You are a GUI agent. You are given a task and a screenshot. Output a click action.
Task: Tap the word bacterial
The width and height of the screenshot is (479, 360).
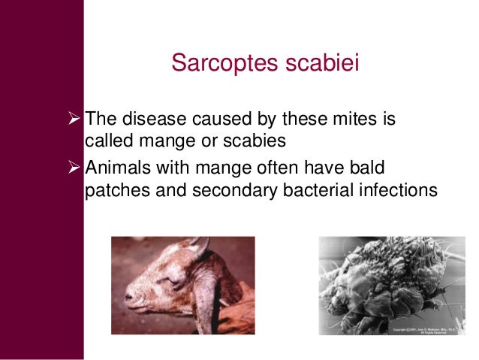[x=312, y=190]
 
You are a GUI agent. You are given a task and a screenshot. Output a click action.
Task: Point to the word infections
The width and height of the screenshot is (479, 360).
[x=394, y=190]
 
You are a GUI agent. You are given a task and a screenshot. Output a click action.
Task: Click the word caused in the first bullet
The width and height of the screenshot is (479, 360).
[x=213, y=119]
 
